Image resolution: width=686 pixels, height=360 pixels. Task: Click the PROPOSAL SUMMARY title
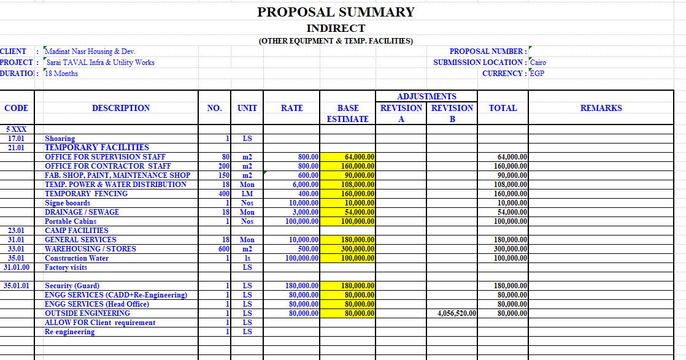point(336,12)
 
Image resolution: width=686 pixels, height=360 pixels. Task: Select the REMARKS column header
point(601,108)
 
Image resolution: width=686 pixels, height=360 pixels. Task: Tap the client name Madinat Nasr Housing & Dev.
point(90,52)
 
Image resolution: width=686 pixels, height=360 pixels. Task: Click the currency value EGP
point(538,74)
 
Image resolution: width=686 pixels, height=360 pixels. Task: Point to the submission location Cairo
point(538,63)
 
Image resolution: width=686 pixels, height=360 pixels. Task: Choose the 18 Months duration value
point(61,74)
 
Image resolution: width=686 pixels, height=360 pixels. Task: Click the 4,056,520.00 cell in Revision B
point(452,313)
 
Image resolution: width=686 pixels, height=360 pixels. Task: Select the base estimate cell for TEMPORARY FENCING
point(348,194)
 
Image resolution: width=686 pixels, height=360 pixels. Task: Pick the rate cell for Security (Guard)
point(291,286)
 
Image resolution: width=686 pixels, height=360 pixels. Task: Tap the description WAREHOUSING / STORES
point(90,249)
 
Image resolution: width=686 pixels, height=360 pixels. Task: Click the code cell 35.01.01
point(17,286)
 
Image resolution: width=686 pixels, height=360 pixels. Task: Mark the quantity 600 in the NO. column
point(224,249)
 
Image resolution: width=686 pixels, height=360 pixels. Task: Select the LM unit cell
point(247,194)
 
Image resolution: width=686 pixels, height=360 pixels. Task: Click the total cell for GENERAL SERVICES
point(503,240)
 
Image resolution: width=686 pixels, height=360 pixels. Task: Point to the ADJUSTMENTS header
point(426,96)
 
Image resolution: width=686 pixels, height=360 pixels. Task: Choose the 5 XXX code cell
point(17,129)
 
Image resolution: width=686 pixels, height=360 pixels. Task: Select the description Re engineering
point(70,332)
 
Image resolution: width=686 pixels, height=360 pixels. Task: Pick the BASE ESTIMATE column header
point(348,113)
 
